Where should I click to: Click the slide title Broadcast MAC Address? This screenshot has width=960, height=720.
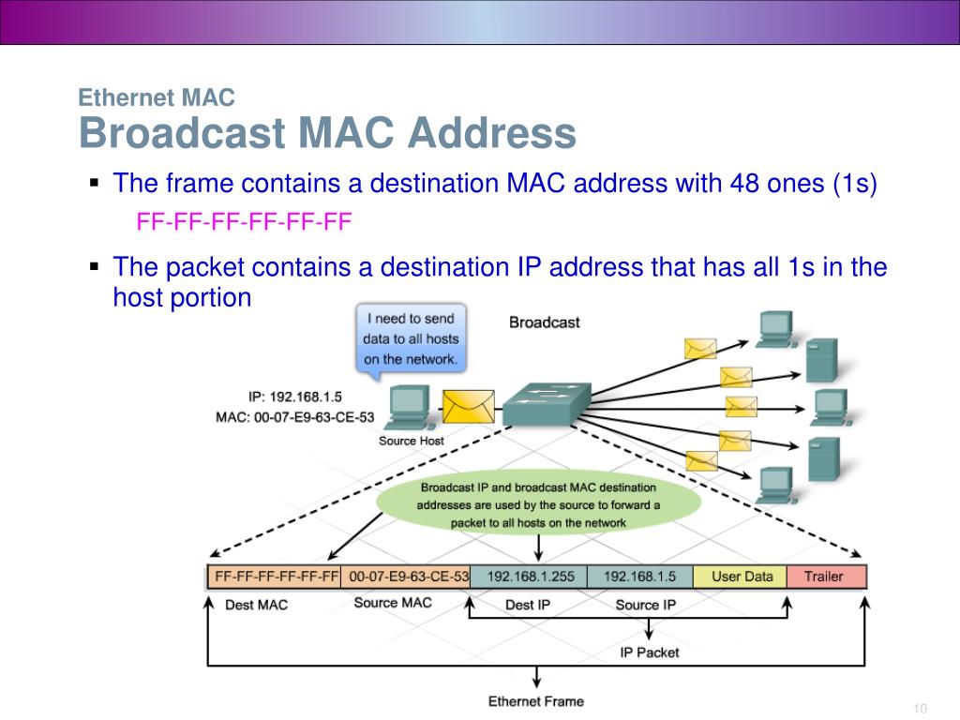327,133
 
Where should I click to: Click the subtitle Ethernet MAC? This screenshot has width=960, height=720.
156,97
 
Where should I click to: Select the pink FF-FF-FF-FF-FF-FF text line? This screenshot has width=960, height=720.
244,222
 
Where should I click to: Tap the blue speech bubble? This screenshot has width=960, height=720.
411,338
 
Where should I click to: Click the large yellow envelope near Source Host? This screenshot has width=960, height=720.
468,406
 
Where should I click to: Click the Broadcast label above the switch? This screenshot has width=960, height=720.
544,322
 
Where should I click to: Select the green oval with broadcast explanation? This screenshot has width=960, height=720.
538,504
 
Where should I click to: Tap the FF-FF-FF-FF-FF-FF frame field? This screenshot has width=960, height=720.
275,577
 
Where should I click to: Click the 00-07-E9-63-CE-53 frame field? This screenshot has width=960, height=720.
405,577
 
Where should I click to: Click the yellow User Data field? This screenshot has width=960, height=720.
742,577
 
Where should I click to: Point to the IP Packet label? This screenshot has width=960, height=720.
649,652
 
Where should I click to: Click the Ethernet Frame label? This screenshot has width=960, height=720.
535,701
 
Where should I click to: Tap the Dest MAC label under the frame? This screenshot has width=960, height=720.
256,605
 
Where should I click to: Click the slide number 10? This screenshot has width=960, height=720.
919,707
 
